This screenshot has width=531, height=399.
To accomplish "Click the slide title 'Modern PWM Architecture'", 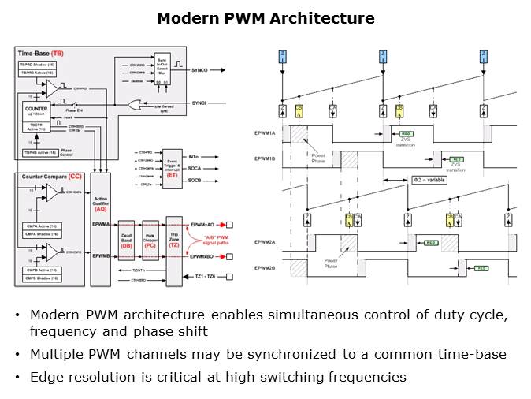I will (265, 17).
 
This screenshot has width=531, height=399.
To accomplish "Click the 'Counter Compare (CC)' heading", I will (49, 178).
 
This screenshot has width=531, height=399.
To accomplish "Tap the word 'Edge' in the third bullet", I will (44, 377).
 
